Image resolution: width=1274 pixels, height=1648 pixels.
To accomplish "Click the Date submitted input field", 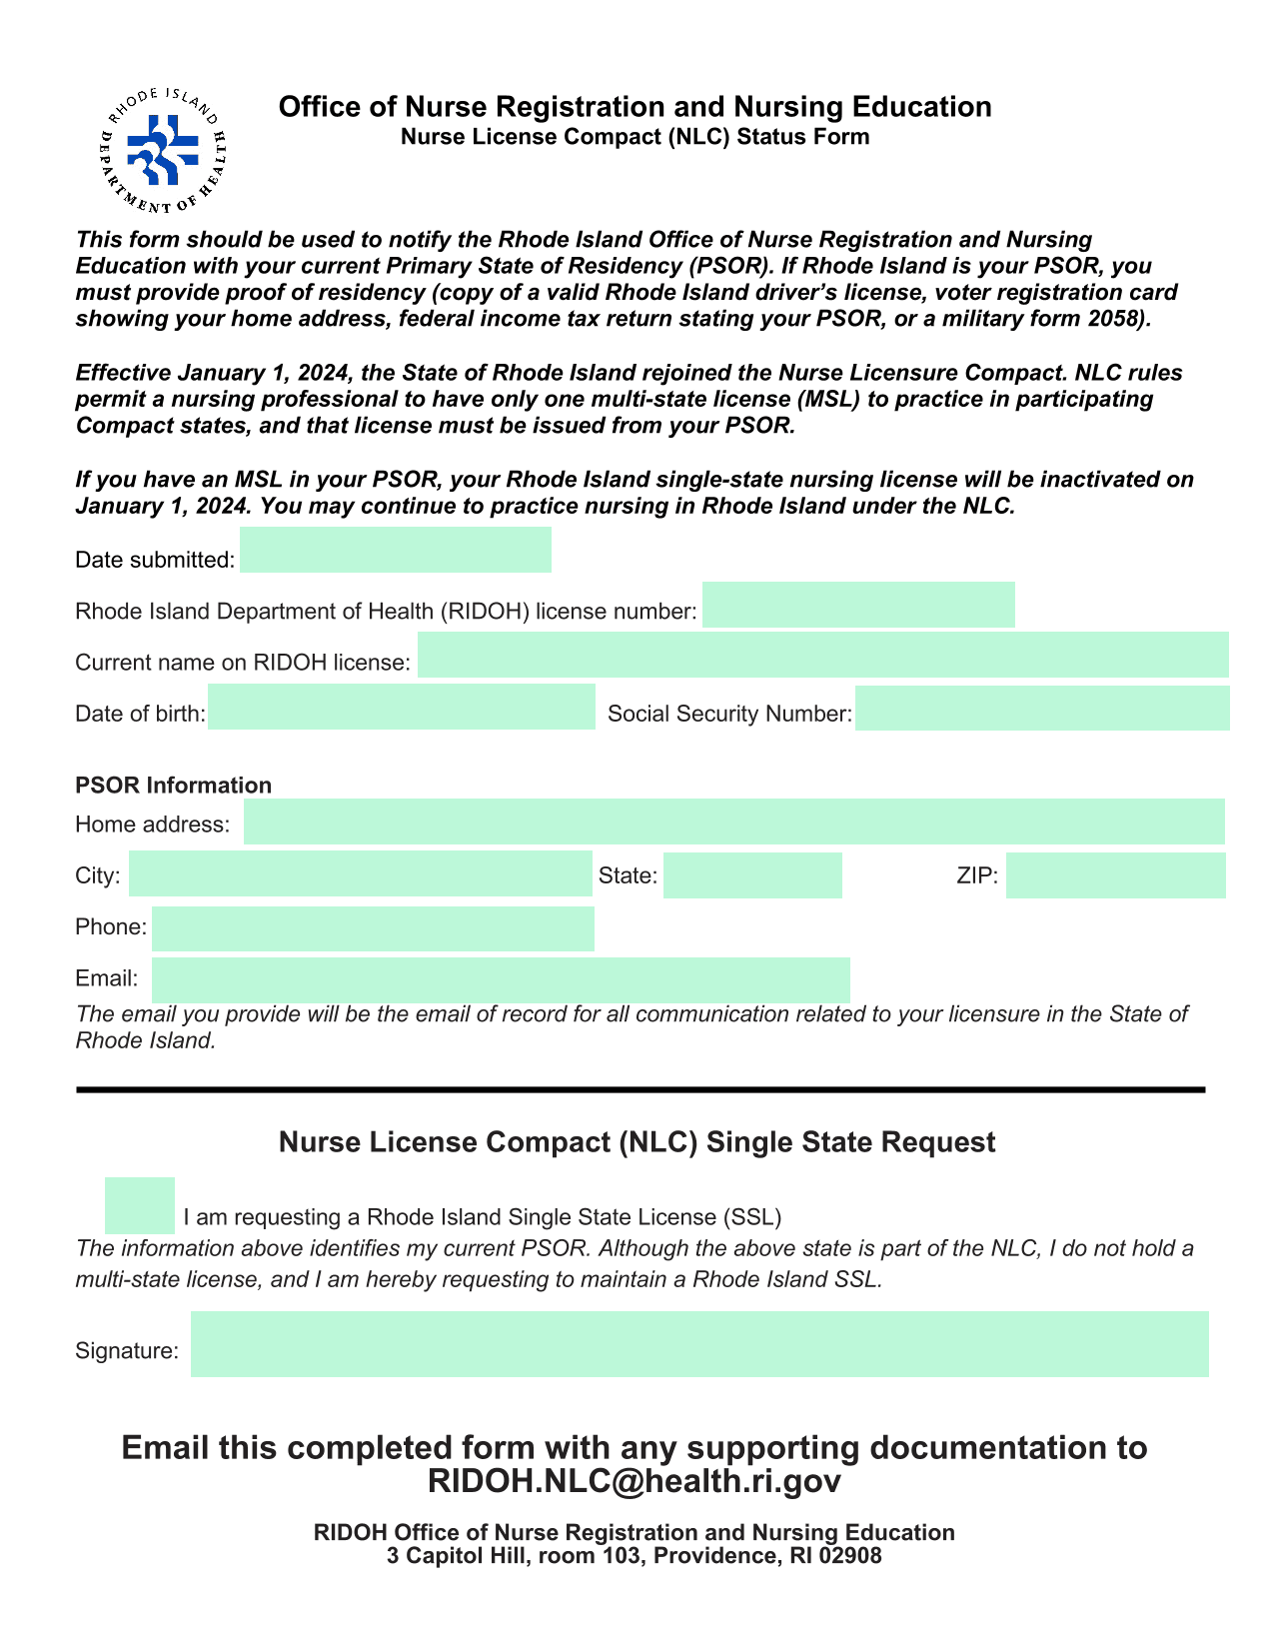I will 395,550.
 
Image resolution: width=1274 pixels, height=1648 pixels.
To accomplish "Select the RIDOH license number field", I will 857,605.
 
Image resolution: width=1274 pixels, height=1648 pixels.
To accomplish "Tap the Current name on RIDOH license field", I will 822,656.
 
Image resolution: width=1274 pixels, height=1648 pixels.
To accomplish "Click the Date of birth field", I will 401,707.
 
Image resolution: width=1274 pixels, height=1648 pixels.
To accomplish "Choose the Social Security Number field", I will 1041,708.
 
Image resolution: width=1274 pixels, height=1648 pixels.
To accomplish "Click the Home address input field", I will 733,822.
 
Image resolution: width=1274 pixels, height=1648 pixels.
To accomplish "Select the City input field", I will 360,873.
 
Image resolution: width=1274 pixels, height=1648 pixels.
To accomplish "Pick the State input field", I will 751,875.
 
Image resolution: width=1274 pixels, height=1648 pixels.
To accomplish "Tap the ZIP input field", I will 1115,875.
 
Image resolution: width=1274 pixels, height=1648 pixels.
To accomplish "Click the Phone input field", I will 372,928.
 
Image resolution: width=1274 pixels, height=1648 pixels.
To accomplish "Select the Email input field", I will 500,979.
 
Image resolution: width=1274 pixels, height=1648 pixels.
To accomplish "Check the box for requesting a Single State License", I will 140,1205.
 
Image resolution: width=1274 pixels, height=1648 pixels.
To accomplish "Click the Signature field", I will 699,1344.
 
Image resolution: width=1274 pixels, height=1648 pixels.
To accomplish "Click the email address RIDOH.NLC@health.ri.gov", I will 634,1481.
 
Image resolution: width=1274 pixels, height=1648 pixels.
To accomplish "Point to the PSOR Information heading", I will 173,786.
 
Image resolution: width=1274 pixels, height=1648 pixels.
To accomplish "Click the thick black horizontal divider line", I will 639,1089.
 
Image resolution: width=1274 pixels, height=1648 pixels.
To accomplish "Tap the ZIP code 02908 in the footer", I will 850,1556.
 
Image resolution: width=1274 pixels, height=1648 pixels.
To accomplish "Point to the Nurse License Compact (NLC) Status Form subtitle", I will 635,137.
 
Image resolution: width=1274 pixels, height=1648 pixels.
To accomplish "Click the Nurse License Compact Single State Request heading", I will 637,1142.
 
